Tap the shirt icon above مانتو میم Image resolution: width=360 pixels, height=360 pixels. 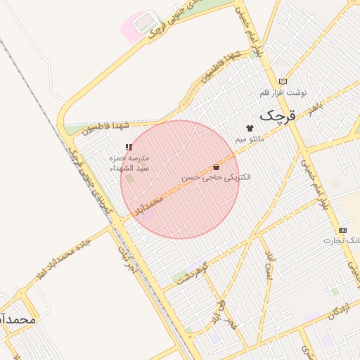tap(250, 128)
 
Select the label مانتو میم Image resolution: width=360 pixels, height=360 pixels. tap(250, 140)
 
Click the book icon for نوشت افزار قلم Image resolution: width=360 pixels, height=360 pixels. tap(283, 81)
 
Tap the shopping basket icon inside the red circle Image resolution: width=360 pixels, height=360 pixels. tap(216, 167)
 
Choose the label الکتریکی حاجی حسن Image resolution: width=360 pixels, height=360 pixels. tap(216, 179)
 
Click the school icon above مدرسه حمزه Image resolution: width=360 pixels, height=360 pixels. tap(128, 147)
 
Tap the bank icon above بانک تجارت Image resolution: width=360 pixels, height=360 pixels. tap(342, 230)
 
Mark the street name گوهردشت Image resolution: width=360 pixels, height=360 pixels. tap(192, 273)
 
